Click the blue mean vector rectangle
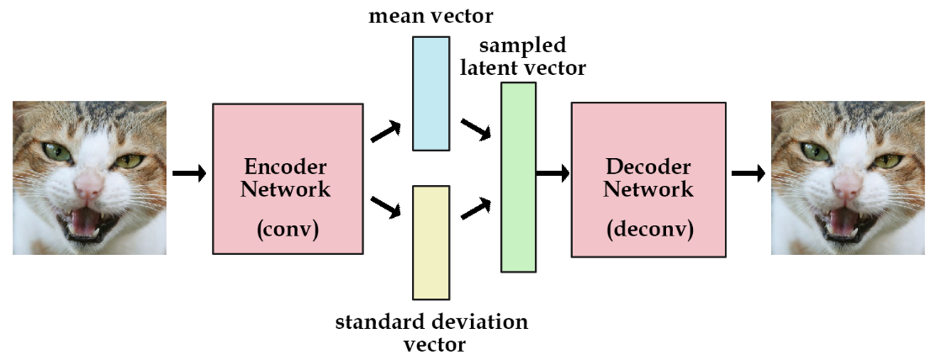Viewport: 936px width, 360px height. click(431, 93)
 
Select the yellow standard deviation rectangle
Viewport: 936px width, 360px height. click(431, 242)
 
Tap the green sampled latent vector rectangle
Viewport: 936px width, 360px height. click(518, 177)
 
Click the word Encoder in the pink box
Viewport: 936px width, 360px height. click(285, 166)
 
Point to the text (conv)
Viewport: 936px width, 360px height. click(286, 228)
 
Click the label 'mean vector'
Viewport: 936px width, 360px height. click(431, 15)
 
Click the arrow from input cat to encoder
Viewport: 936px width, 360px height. click(189, 173)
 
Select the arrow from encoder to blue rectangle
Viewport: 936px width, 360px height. click(386, 130)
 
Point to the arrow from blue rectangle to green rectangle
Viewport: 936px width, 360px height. click(476, 130)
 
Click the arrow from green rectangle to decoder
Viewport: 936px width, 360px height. click(553, 173)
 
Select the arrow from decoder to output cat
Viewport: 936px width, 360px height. click(748, 173)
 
